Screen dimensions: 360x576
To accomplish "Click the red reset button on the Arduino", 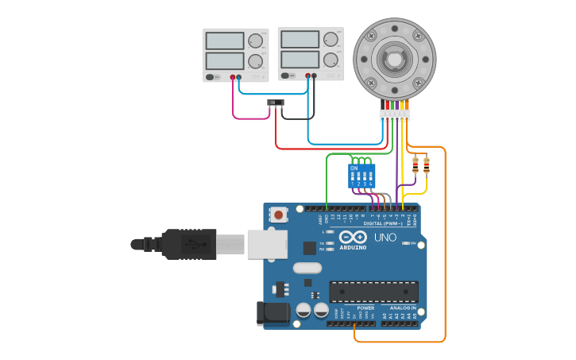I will click(279, 214).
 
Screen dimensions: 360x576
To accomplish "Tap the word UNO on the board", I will click(385, 238).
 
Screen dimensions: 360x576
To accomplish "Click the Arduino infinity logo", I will click(353, 238).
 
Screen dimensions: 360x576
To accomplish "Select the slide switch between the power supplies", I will click(276, 103).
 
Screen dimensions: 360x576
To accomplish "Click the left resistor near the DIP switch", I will click(415, 165).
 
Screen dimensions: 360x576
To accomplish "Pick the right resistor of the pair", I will click(427, 165).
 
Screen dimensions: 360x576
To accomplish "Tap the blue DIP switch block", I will click(361, 176).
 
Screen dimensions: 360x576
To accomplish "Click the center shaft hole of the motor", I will click(394, 59).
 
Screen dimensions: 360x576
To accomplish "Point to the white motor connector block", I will click(395, 115).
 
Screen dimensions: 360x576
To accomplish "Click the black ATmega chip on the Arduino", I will click(373, 292).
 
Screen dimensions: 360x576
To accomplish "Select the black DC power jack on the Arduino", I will click(273, 313).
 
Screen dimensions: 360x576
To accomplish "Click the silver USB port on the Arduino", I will click(265, 244).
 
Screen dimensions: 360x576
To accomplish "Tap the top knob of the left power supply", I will click(256, 41).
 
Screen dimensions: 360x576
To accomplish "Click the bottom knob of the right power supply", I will click(331, 60).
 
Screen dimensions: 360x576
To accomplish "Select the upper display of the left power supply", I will click(225, 41).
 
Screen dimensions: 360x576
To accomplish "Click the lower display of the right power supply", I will click(300, 60).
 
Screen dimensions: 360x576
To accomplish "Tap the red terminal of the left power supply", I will click(233, 77).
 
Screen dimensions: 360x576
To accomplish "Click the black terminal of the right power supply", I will click(314, 76).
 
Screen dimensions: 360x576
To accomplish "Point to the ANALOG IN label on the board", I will click(403, 308).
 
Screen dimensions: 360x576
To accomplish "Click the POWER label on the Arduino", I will click(365, 308).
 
